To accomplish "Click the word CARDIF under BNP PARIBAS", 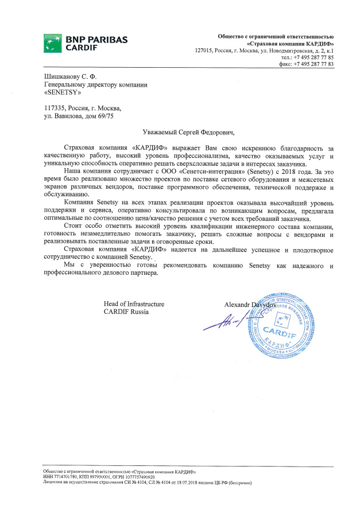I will [82, 48].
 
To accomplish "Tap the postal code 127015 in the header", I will [205, 51].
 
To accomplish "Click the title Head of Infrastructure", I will [134, 304].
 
